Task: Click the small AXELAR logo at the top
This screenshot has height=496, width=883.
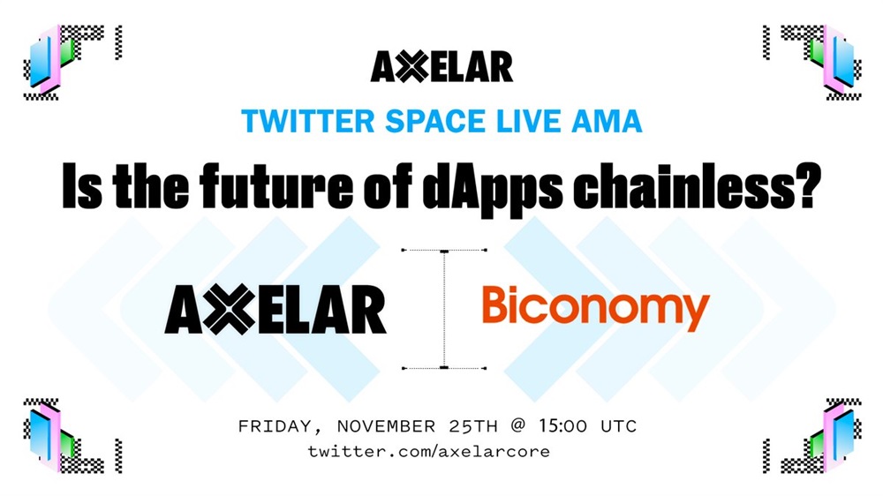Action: [441, 67]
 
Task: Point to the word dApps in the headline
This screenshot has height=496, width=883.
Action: [492, 186]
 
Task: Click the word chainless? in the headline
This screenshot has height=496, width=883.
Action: [698, 185]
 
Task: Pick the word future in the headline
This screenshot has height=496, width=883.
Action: [275, 185]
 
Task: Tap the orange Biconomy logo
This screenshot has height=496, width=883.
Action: [596, 308]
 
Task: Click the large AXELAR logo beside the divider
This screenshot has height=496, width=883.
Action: [275, 309]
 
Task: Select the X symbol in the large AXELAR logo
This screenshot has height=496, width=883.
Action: [230, 309]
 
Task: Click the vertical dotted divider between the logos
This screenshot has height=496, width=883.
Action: [444, 309]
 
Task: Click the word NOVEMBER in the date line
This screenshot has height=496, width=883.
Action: [386, 426]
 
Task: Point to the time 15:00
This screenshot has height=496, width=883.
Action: [562, 426]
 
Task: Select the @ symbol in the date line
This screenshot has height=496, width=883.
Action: [517, 426]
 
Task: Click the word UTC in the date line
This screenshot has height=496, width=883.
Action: [618, 426]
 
